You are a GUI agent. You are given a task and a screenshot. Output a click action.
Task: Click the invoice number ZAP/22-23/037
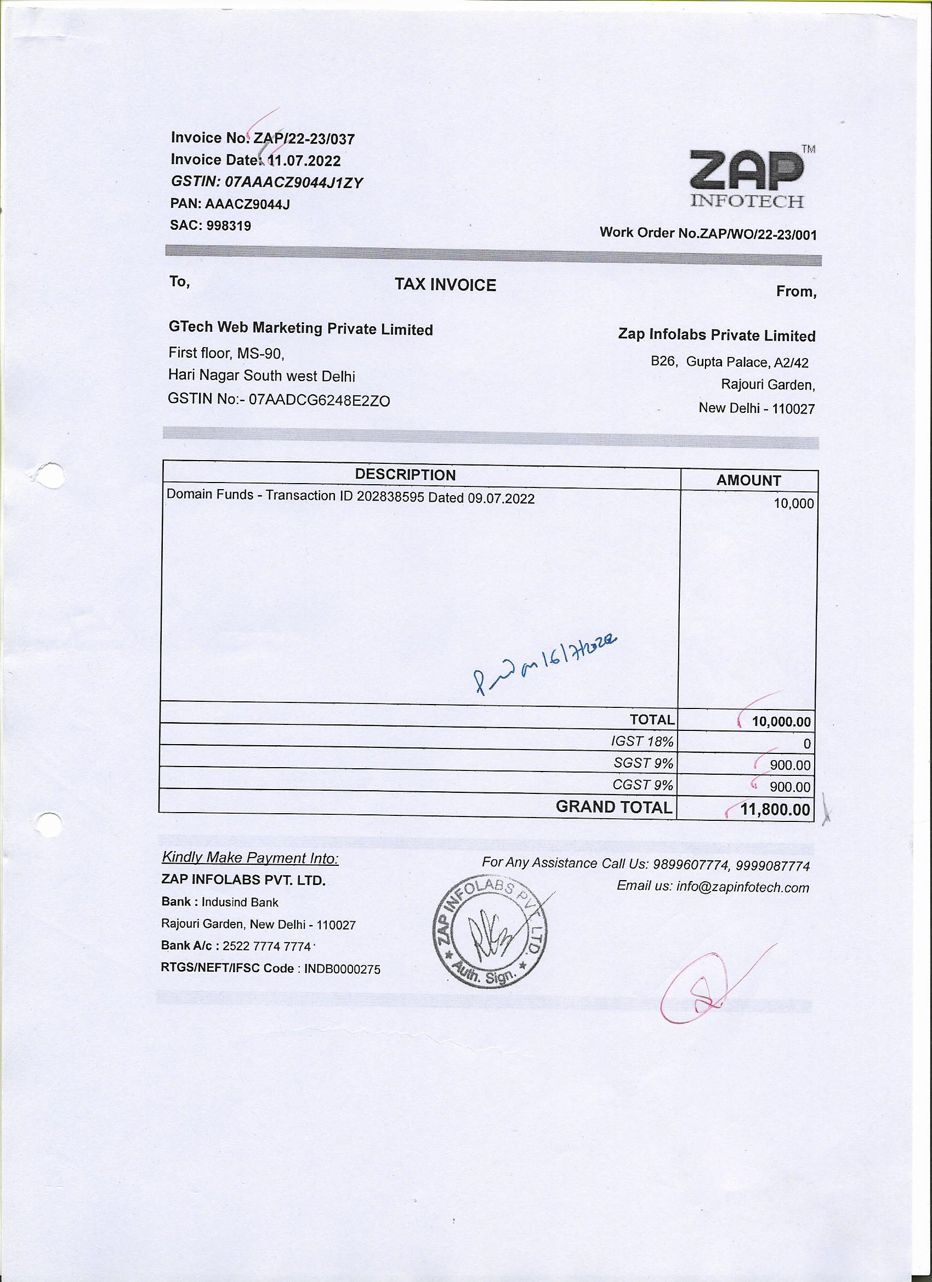point(304,139)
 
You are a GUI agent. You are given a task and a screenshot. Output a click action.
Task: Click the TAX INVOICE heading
point(445,285)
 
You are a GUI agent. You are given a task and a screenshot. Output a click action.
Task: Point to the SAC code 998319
point(229,226)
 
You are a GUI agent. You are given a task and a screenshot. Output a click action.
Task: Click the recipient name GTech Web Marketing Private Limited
point(300,328)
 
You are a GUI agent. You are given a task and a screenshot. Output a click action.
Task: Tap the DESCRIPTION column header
point(405,475)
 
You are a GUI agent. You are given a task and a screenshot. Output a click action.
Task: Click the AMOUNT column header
point(748,480)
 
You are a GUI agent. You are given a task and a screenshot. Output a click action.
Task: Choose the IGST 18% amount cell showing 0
point(806,744)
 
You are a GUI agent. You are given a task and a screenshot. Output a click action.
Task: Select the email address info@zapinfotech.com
point(742,887)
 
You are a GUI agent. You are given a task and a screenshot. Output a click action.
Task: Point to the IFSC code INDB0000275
point(343,969)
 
